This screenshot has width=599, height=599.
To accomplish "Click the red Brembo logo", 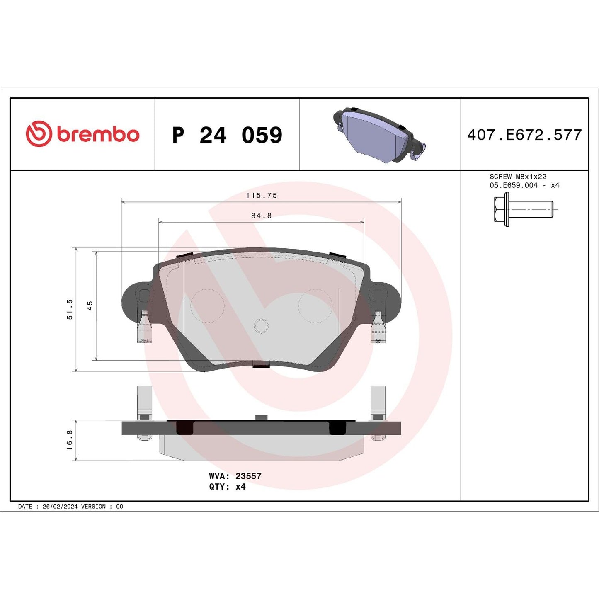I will (82, 134).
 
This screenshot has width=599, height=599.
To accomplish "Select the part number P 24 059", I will (227, 135).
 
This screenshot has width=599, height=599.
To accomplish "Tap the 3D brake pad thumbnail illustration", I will (378, 135).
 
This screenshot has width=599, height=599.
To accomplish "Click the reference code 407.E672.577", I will (524, 135).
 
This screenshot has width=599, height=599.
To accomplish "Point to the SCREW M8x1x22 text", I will (518, 177).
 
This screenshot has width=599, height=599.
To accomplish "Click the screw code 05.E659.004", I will (513, 185).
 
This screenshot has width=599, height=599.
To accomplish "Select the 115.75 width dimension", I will (261, 195).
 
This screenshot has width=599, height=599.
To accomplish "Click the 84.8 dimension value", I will (261, 216).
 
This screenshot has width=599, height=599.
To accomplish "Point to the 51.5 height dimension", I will (70, 309).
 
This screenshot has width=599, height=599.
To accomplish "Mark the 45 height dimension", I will (90, 306).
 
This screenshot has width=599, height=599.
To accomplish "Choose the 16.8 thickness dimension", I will (70, 440).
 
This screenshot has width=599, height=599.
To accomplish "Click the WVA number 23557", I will (248, 476).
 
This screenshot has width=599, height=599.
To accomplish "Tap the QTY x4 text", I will (227, 487).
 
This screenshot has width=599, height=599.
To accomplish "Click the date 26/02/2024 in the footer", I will (60, 507).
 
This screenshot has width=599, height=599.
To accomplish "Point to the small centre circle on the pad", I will (261, 326).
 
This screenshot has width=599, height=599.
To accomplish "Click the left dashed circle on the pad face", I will (207, 306).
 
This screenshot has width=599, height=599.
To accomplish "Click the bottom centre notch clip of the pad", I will (261, 364).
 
